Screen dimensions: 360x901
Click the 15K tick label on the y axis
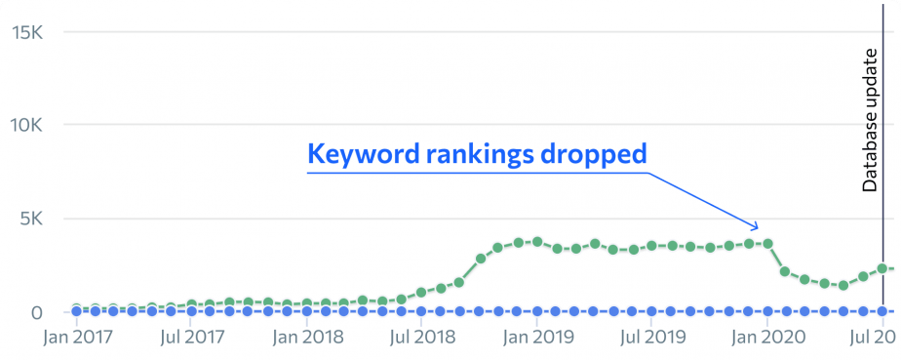pyautogui.click(x=27, y=31)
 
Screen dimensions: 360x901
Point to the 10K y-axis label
pyautogui.click(x=27, y=125)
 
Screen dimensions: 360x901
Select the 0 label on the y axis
pyautogui.click(x=36, y=312)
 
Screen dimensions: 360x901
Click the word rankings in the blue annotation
pyautogui.click(x=475, y=154)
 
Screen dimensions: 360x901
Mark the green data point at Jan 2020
pyautogui.click(x=767, y=243)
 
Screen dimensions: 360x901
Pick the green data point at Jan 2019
pyautogui.click(x=537, y=241)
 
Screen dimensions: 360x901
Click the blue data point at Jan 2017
pyautogui.click(x=77, y=311)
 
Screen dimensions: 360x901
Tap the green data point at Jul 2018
pyautogui.click(x=421, y=293)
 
